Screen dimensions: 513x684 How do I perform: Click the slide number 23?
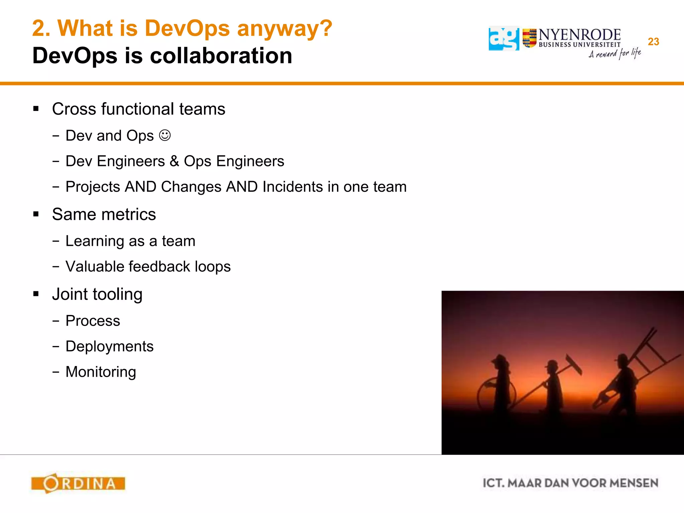point(653,42)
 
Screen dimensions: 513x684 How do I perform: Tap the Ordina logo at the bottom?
point(78,483)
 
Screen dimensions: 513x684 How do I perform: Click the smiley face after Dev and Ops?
point(165,135)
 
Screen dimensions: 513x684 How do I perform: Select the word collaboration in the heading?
point(221,55)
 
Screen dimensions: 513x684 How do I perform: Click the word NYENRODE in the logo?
point(579,35)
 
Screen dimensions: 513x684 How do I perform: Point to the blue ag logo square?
point(504,39)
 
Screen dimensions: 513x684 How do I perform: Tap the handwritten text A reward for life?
point(615,53)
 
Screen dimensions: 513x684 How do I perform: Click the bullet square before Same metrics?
point(36,214)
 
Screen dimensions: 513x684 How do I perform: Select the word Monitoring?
point(101,372)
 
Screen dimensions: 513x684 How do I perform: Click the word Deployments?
point(110,346)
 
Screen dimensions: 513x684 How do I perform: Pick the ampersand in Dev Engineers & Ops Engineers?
point(174,161)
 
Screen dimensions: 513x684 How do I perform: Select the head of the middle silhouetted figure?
point(552,365)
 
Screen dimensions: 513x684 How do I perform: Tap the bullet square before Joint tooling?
point(36,294)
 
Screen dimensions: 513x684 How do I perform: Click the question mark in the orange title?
point(324,28)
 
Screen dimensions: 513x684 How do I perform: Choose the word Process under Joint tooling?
point(93,321)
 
